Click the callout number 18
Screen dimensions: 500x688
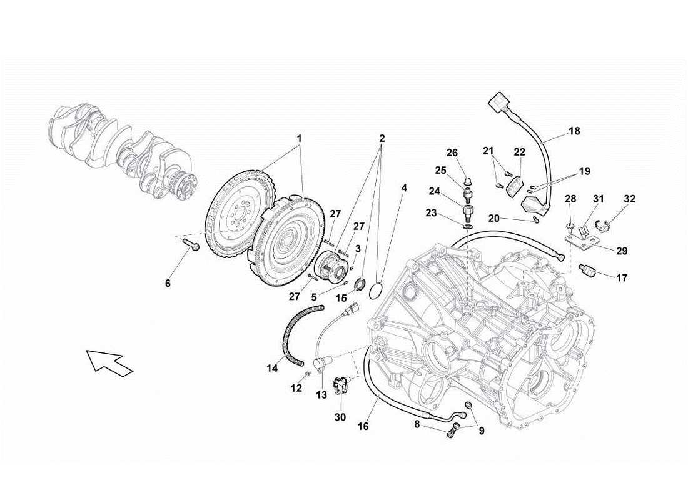[x=574, y=131]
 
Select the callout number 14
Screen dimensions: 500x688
[x=272, y=369]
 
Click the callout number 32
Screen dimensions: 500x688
[x=629, y=199]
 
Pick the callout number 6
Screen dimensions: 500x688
[x=168, y=283]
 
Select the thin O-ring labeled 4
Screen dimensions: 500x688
[x=377, y=292]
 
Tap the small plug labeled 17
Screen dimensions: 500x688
[x=589, y=271]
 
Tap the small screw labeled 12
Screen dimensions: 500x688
[x=308, y=374]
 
